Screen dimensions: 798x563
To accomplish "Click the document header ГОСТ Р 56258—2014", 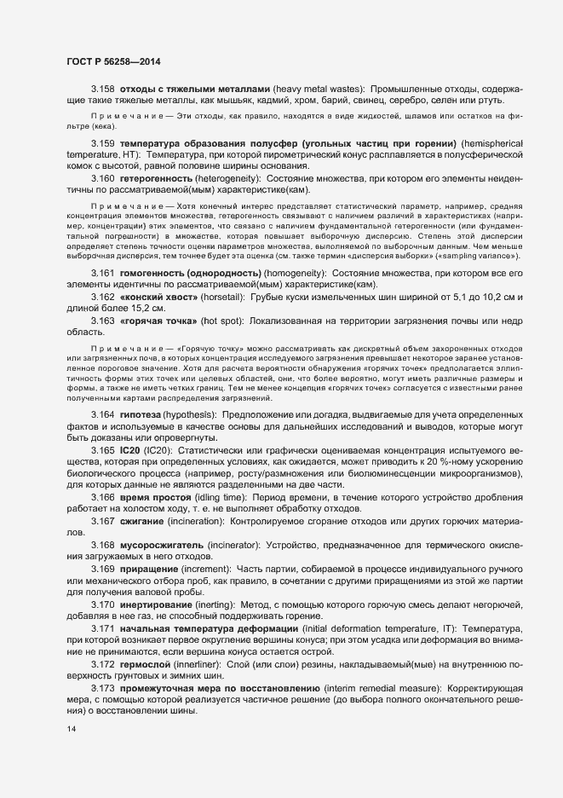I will tap(113, 61).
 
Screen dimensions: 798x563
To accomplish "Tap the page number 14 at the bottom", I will tap(71, 729).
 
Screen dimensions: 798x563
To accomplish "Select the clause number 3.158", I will tap(103, 90).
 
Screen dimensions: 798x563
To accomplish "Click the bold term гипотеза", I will tap(143, 413).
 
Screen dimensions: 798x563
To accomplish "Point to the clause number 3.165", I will tap(103, 448).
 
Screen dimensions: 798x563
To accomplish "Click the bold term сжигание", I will tap(143, 520).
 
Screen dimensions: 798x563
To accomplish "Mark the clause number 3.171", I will tap(103, 627).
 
